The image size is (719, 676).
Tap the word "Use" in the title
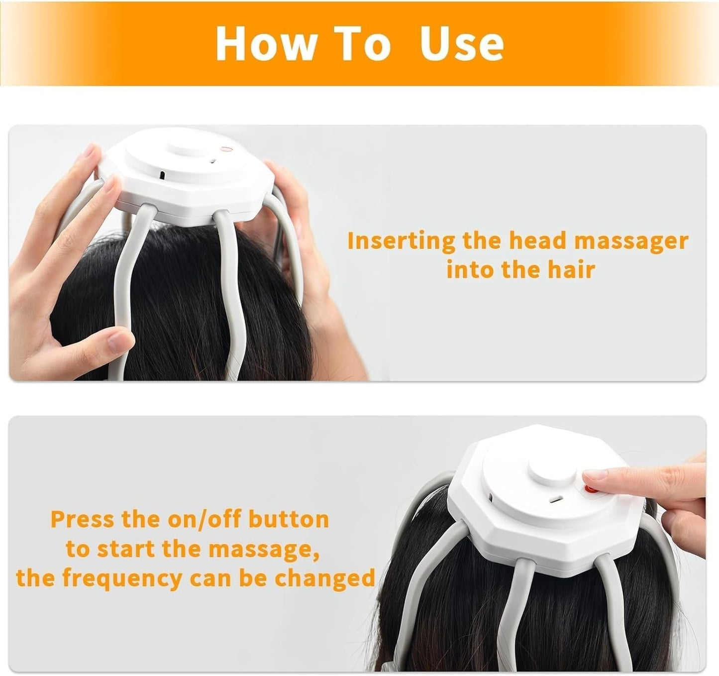tap(461, 43)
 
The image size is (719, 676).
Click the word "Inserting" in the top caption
tap(401, 241)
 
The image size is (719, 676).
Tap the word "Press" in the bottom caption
tap(83, 519)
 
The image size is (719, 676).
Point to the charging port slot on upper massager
tap(162, 176)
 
